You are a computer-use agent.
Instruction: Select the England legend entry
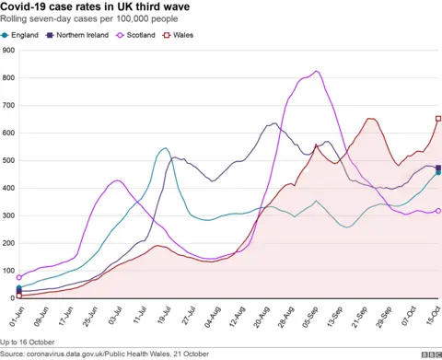pos(21,35)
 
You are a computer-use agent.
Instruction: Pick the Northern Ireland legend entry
pos(81,35)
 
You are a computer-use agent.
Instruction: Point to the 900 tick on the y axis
pos(8,51)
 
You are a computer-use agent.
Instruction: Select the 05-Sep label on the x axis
pos(313,315)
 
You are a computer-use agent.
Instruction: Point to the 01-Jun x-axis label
pos(14,315)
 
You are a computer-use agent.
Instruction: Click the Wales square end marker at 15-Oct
pos(437,118)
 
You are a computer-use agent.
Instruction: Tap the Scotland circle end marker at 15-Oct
pos(437,211)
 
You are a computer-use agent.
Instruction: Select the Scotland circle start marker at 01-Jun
pos(19,277)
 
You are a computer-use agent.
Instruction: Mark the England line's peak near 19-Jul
pos(164,148)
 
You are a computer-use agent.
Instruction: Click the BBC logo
pos(428,354)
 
